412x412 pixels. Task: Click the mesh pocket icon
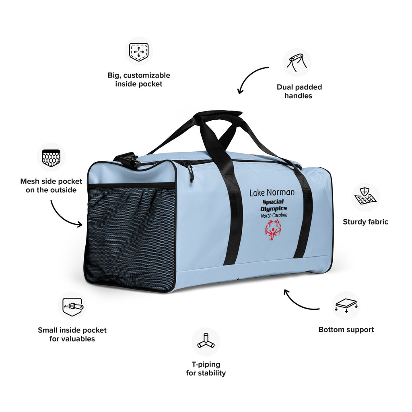tap(51, 158)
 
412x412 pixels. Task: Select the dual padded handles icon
tap(297, 62)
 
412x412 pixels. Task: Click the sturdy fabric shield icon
tap(365, 196)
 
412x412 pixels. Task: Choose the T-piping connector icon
tap(206, 341)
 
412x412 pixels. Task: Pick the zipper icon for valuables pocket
tap(73, 306)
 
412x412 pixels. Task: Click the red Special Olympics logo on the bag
tap(273, 230)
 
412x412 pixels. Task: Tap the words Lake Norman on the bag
tap(272, 193)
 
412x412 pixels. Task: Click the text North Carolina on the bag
tap(274, 216)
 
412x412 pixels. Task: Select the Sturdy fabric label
tap(365, 222)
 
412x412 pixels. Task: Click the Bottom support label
tap(346, 330)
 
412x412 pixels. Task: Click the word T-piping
tap(206, 365)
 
